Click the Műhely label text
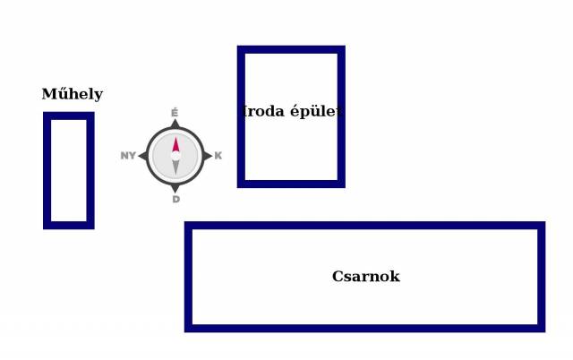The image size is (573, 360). tap(72, 94)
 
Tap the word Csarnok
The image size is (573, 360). tap(365, 277)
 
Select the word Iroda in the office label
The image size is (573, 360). tap(261, 112)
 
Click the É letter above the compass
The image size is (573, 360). tap(175, 113)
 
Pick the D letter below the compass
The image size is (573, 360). tap(175, 199)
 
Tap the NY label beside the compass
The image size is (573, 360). tap(128, 156)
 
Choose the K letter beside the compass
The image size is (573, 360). tap(218, 156)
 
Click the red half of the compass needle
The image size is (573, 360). tap(175, 145)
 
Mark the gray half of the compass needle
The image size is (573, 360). tap(175, 167)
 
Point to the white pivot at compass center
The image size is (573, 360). tap(175, 156)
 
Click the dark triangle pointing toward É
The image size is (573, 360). tap(175, 124)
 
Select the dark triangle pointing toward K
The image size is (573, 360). tap(208, 156)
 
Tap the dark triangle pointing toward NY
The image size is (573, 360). tap(142, 156)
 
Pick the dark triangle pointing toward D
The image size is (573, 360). tap(175, 188)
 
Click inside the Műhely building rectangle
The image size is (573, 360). tap(68, 170)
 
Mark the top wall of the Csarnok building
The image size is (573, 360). tap(365, 227)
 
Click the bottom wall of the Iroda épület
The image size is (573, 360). tap(291, 184)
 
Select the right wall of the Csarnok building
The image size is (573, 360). tap(541, 277)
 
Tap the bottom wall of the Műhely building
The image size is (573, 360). tap(68, 225)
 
